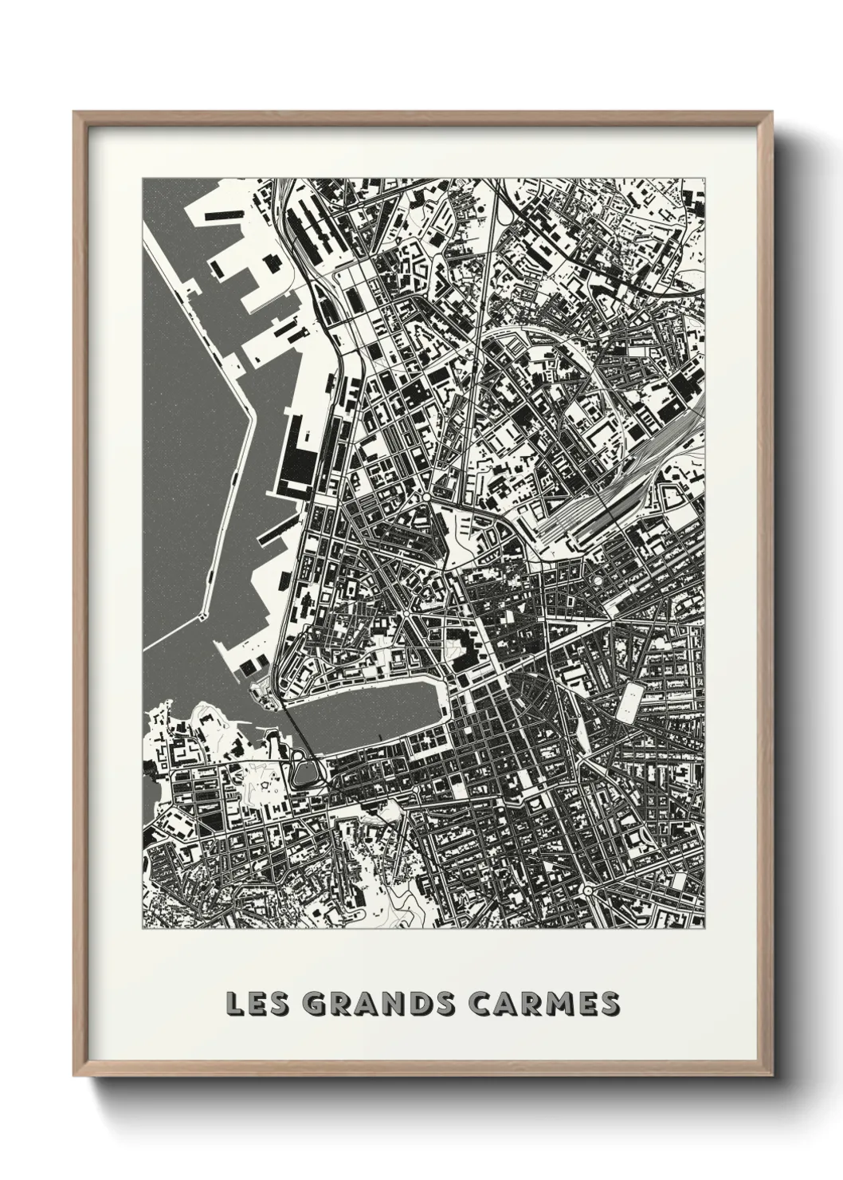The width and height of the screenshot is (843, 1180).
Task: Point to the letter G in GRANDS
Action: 318,1003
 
